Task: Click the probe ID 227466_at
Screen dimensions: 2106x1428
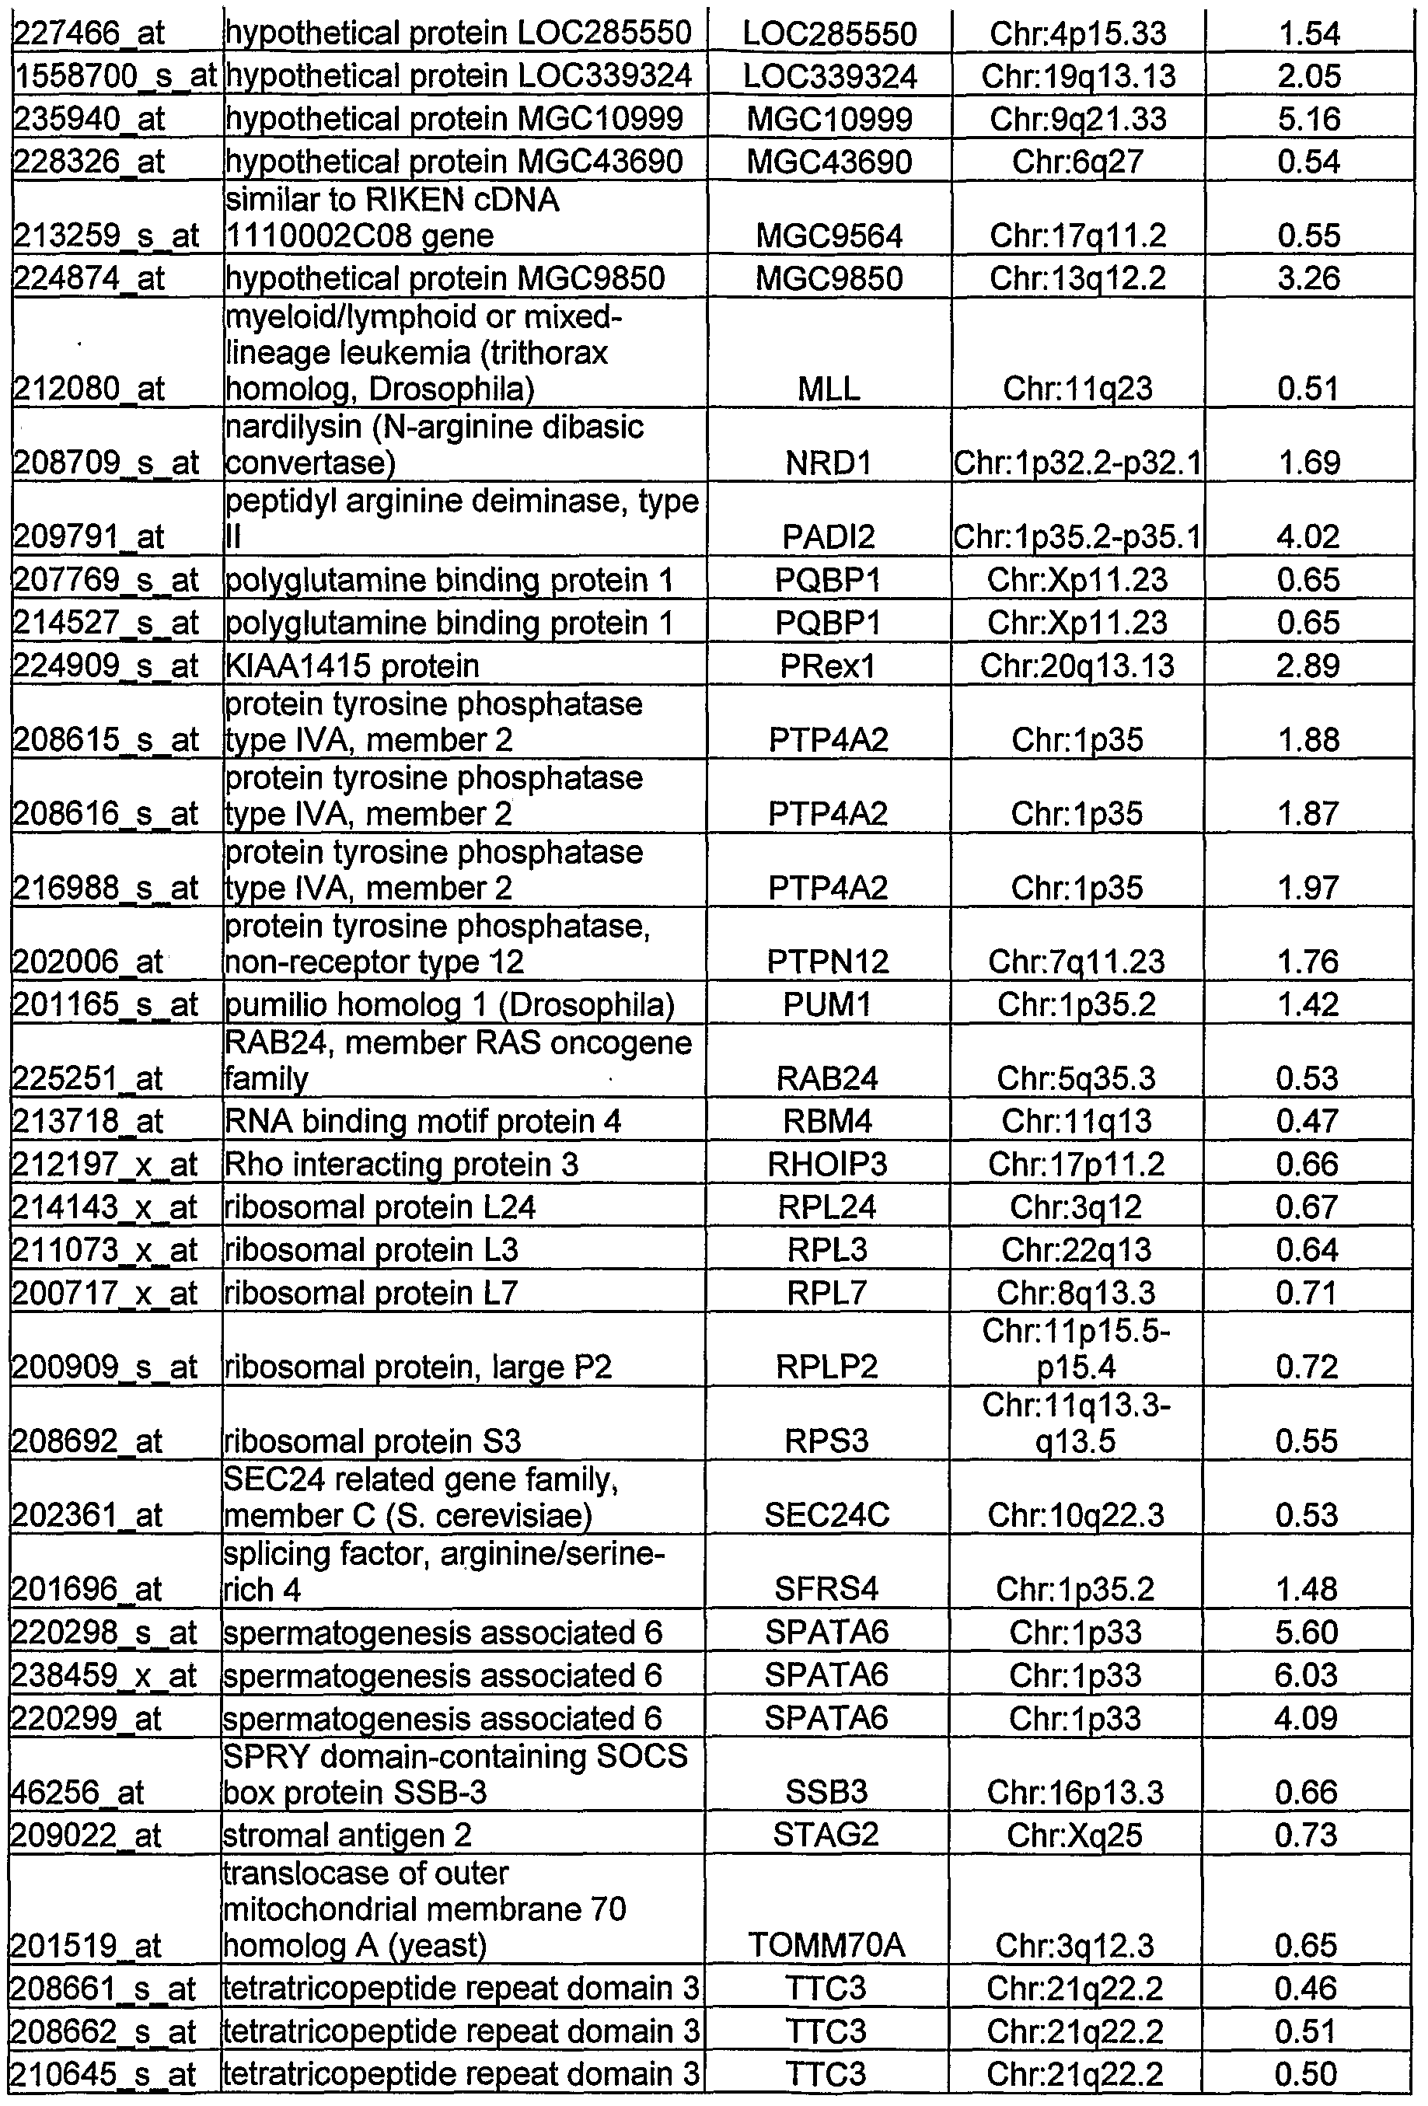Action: click(x=89, y=33)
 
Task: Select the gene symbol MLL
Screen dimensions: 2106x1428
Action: click(x=828, y=389)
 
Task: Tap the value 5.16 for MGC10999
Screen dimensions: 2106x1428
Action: click(x=1308, y=119)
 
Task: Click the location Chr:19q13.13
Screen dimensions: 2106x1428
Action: click(x=1078, y=76)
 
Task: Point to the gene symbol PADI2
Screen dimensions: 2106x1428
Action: click(x=828, y=537)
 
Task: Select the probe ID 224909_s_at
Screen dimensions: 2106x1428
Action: click(x=105, y=666)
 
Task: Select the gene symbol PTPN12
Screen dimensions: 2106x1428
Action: click(x=828, y=962)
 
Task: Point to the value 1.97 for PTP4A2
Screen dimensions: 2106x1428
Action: click(x=1308, y=887)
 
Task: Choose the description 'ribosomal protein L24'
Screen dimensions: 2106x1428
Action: click(x=381, y=1207)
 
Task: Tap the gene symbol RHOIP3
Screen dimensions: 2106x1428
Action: click(x=827, y=1165)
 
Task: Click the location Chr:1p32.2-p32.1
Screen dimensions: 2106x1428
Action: click(x=1077, y=463)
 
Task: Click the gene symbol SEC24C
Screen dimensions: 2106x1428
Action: click(x=826, y=1515)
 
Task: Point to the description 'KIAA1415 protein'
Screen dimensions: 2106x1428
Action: click(x=351, y=666)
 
